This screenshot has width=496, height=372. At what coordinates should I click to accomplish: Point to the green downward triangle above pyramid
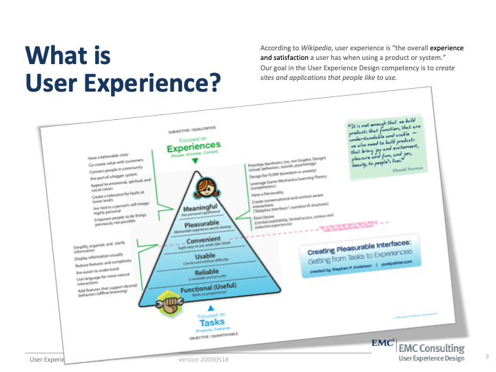[x=195, y=161]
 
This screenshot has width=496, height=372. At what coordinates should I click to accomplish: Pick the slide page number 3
[x=486, y=357]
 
